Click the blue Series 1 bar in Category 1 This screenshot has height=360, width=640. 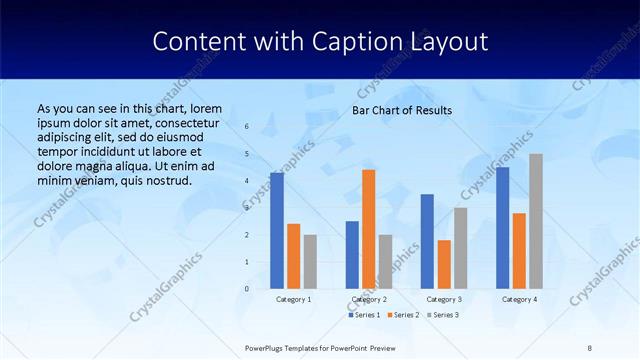277,231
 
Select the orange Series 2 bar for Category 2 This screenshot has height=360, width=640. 369,229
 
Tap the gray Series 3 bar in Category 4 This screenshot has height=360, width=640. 536,221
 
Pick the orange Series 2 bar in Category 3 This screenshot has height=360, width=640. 444,264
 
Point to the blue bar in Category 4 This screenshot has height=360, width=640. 502,228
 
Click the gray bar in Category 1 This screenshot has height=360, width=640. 310,262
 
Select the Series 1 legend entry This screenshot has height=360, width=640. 364,315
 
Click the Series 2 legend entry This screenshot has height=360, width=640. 403,315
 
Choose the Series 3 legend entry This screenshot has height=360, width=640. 442,315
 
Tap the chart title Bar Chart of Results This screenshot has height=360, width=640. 402,110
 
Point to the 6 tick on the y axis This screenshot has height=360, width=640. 247,127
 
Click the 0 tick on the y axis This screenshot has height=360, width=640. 247,289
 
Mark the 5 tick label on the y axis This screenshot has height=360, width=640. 247,154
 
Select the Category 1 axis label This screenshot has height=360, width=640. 294,299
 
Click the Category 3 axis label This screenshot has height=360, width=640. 444,299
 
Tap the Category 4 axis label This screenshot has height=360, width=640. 519,299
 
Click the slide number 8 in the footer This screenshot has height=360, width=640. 589,347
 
